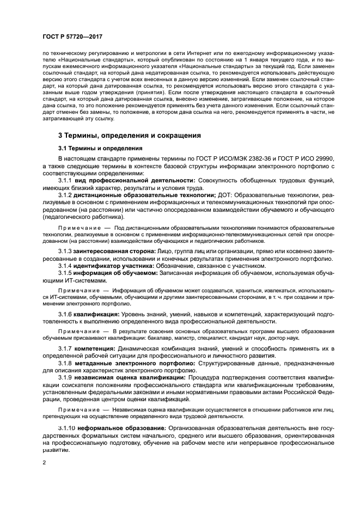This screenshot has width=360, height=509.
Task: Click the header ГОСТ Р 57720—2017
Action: pyautogui.click(x=72, y=36)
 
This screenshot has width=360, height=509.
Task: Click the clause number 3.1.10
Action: pyautogui.click(x=66, y=428)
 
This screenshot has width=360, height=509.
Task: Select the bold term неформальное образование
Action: pyautogui.click(x=117, y=428)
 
